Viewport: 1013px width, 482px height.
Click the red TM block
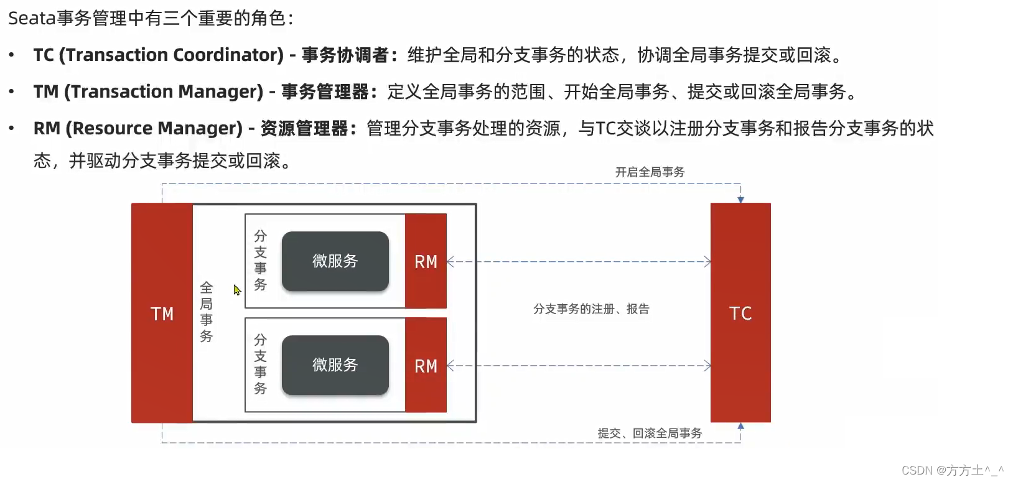coord(162,313)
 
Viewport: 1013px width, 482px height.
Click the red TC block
coord(740,313)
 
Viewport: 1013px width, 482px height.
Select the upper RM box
coord(426,261)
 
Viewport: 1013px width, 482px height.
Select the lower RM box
coord(426,365)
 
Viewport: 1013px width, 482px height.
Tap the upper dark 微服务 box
coord(335,261)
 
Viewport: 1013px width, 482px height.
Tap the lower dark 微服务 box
coord(335,365)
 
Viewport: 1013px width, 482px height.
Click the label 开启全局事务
coord(650,172)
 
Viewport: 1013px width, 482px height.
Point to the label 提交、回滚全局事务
coord(650,433)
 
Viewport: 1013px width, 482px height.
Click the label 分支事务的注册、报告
coord(591,309)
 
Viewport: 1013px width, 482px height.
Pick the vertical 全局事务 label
coord(207,312)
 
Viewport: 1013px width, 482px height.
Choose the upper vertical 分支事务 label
coord(260,261)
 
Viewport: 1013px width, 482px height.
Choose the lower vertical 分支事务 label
coord(260,364)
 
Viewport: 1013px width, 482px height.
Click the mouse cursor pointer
coord(237,290)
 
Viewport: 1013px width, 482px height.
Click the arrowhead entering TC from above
coord(740,200)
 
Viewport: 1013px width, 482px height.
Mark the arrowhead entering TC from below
coord(740,426)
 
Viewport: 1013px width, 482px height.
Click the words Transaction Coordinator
coord(172,55)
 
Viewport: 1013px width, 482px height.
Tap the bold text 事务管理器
coord(325,92)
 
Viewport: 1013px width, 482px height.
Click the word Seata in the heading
coord(32,19)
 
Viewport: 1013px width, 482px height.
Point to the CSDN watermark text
coord(952,470)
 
